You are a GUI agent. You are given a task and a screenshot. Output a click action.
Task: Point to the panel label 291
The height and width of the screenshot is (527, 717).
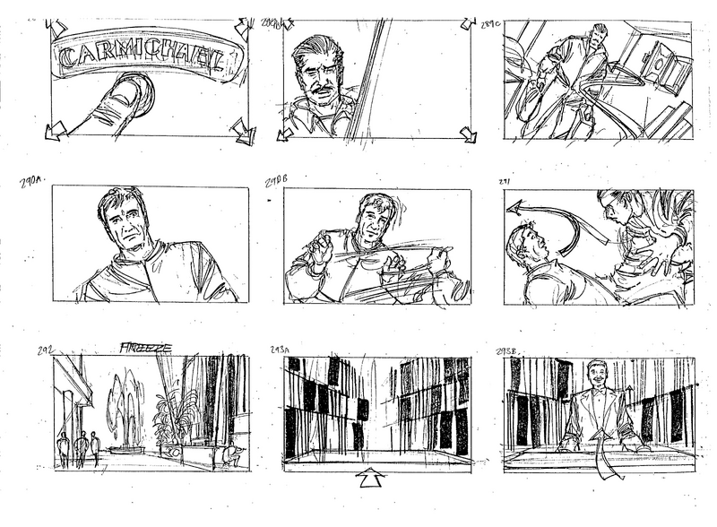(x=504, y=182)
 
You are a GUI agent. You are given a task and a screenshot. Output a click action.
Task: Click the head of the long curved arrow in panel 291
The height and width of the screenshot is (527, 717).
(x=514, y=208)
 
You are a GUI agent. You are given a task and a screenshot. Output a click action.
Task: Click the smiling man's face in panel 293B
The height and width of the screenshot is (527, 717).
(x=592, y=376)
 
